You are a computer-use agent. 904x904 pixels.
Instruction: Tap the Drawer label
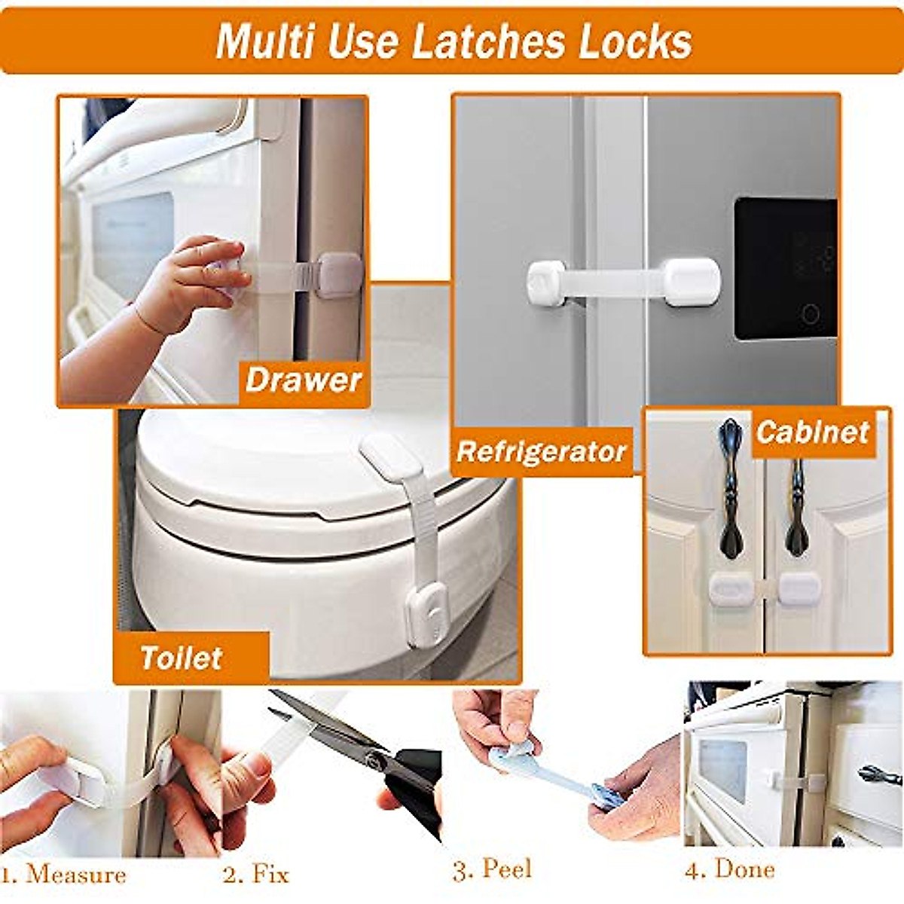(x=304, y=380)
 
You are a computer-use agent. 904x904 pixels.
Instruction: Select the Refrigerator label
(x=541, y=452)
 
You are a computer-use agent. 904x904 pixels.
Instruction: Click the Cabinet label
(x=813, y=432)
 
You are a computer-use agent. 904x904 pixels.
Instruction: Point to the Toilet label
(x=181, y=658)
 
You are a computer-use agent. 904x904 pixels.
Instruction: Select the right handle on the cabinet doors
(x=797, y=505)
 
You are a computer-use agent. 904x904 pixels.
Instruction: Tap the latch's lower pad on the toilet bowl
(x=426, y=614)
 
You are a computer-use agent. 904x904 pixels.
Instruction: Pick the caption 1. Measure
(x=64, y=875)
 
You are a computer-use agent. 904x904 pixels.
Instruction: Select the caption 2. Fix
(x=256, y=875)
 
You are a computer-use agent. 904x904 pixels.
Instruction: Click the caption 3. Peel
(x=492, y=870)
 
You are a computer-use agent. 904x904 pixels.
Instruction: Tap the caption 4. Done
(x=729, y=870)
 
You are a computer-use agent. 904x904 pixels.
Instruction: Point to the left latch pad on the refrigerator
(x=546, y=284)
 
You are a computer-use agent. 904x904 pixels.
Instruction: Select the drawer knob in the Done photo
(x=878, y=774)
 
